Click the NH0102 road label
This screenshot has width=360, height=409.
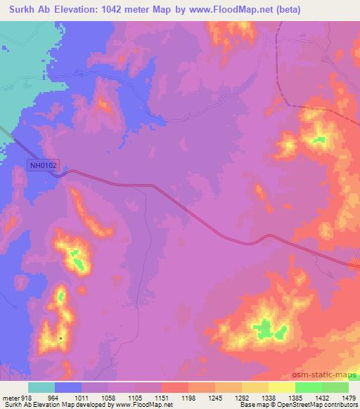(x=44, y=165)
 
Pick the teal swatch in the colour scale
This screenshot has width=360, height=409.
(x=41, y=387)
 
